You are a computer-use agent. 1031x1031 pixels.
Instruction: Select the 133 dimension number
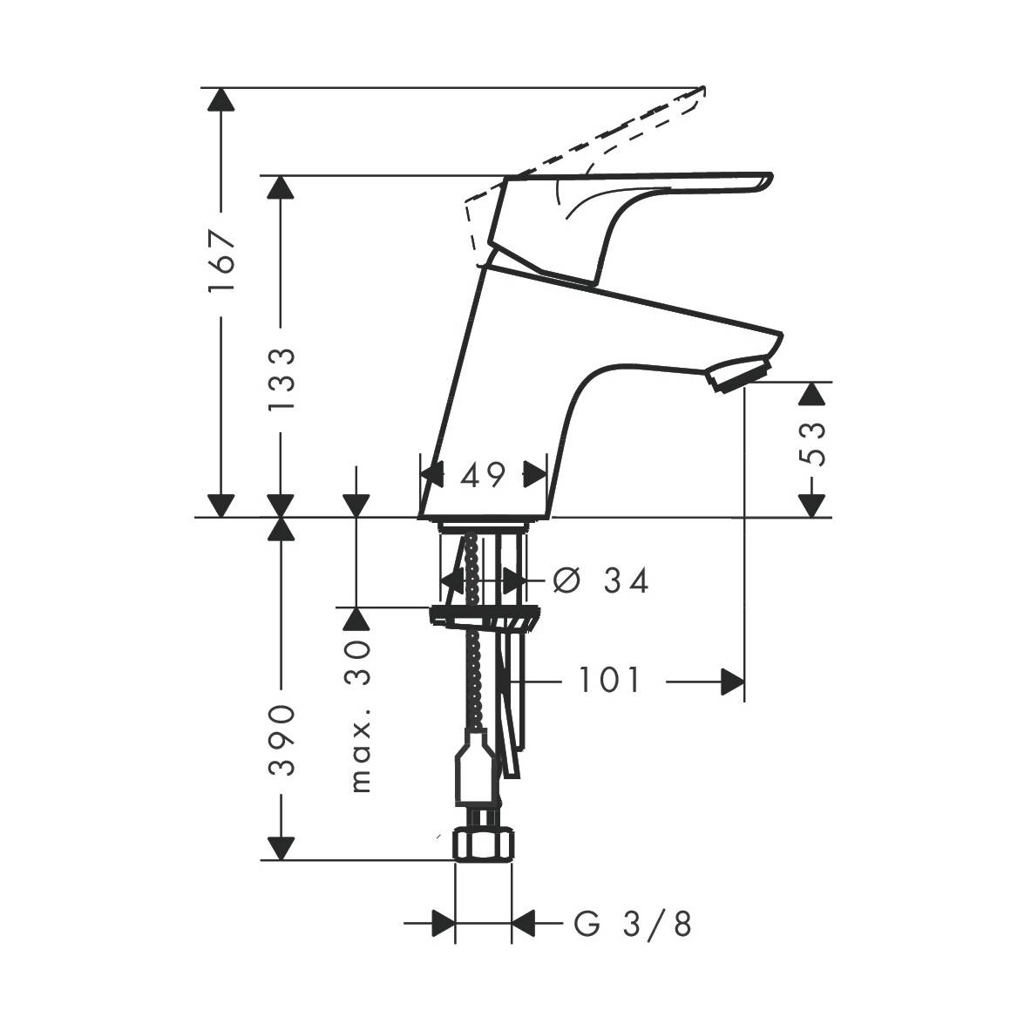click(x=282, y=379)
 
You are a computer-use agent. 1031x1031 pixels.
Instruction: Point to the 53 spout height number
click(x=813, y=444)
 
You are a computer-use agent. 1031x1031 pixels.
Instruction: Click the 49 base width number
click(x=483, y=474)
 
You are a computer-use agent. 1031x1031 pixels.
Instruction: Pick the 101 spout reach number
click(x=608, y=680)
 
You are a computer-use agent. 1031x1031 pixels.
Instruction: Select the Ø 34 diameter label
click(x=600, y=580)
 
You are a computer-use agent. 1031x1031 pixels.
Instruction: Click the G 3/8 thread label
click(x=633, y=924)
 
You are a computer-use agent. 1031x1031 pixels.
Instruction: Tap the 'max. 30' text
click(x=360, y=716)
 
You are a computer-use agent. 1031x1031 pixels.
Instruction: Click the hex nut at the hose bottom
click(x=484, y=844)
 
